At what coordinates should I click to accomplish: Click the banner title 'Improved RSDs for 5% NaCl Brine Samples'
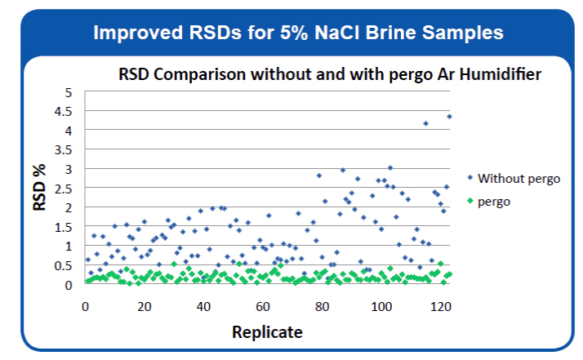click(x=297, y=33)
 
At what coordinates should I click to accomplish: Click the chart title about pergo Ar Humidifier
click(x=330, y=75)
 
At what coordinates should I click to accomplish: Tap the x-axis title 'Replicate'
click(x=267, y=332)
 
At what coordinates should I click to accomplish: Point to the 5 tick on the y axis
click(x=69, y=92)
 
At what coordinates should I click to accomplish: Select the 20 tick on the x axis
click(x=145, y=306)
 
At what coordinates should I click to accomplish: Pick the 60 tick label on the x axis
click(x=263, y=306)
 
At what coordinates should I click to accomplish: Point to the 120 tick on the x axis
click(x=440, y=306)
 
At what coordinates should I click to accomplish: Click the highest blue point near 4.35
click(x=450, y=117)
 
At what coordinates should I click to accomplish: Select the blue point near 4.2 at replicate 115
click(x=425, y=123)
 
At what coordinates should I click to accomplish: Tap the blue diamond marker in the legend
click(x=470, y=178)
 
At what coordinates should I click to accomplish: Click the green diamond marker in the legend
click(x=470, y=201)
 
